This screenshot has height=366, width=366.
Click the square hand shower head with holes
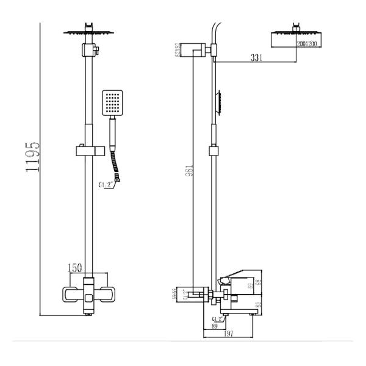[x=113, y=104]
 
